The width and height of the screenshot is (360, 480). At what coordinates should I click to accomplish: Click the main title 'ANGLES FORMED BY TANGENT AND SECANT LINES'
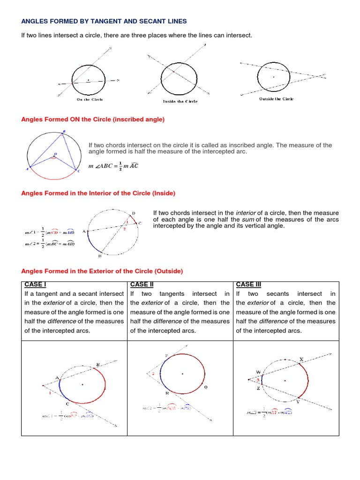[104, 21]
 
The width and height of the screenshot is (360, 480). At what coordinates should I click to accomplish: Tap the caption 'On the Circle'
[90, 99]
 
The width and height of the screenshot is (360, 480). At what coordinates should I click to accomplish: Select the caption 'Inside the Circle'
[180, 101]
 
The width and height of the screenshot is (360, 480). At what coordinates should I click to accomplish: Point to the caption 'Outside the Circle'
[276, 99]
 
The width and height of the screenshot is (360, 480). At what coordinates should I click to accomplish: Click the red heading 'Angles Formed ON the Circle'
[93, 120]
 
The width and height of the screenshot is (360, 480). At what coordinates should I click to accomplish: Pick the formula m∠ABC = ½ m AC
[113, 166]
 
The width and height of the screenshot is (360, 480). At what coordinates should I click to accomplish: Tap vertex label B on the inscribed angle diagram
[64, 131]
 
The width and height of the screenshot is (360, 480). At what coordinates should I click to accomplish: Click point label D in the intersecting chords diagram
[134, 213]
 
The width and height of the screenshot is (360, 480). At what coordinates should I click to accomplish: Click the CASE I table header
[35, 285]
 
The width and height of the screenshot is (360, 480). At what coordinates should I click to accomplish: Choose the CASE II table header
[142, 285]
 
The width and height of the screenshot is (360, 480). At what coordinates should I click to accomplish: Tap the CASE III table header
[249, 285]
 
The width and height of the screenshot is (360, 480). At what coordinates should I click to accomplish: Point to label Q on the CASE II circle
[205, 387]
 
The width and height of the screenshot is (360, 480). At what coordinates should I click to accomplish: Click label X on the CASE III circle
[301, 359]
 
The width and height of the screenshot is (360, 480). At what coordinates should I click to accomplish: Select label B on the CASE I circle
[97, 365]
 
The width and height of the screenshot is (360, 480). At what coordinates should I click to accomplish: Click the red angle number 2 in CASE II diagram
[153, 374]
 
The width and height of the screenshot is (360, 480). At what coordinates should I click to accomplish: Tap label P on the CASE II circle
[166, 356]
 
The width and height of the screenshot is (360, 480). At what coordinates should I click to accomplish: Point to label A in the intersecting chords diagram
[84, 231]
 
